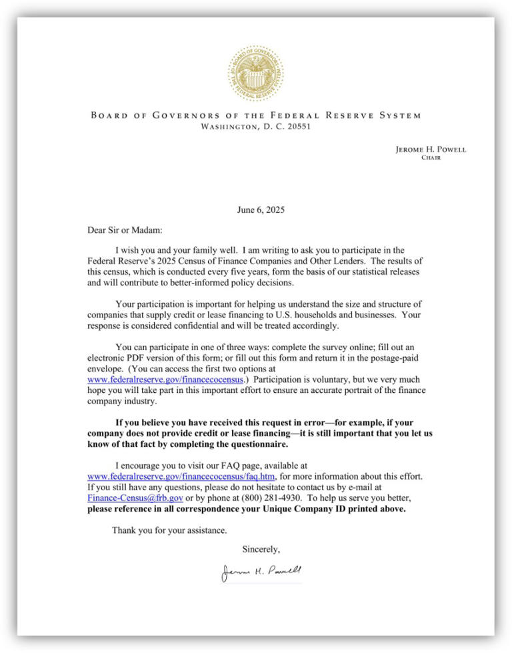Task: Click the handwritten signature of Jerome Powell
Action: point(261,572)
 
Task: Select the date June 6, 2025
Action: point(261,209)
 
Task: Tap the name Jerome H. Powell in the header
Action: point(431,149)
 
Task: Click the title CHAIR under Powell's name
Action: point(431,159)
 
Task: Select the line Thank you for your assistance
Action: point(169,531)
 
